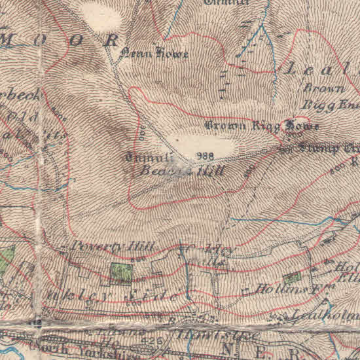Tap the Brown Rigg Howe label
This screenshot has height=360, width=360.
(262, 125)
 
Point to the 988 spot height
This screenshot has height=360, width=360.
(205, 156)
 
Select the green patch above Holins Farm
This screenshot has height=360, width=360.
(292, 277)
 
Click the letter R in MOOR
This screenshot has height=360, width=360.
(113, 39)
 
